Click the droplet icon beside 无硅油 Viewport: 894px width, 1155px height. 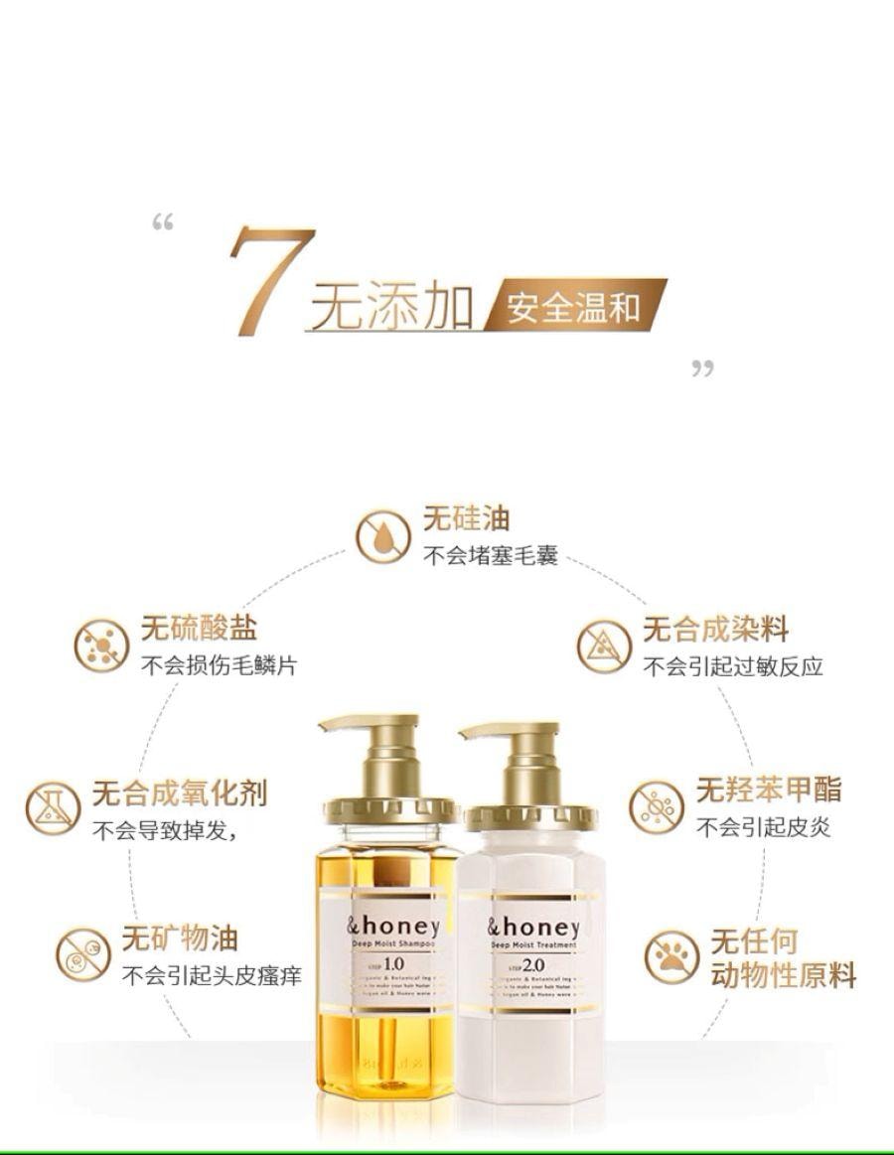coord(382,537)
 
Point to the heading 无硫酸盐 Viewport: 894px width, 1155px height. coord(199,628)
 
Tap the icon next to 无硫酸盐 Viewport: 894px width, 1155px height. coord(101,645)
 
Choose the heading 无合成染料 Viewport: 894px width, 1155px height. coord(715,629)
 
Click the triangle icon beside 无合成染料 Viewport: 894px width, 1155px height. coord(604,647)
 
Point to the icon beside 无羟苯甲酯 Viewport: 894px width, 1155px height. coord(656,806)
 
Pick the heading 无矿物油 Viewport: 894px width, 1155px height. coord(180,938)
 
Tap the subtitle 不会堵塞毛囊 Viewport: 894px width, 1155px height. coord(491,555)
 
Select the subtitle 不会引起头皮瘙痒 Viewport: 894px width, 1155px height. coord(212,975)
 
